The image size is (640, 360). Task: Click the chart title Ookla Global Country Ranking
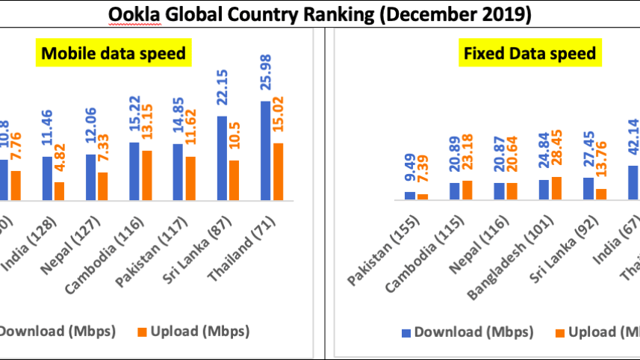click(x=320, y=15)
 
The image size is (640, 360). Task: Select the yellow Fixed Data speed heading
click(x=529, y=53)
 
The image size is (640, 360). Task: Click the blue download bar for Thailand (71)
click(x=266, y=150)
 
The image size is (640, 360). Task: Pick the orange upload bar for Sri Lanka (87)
click(x=234, y=180)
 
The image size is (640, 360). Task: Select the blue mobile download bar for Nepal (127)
click(x=91, y=177)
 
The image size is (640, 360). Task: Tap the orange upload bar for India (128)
click(x=60, y=190)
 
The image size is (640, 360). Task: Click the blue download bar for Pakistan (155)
click(x=410, y=196)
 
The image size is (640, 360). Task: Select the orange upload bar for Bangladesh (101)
click(x=556, y=188)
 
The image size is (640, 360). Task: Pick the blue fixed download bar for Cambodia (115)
click(x=454, y=191)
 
